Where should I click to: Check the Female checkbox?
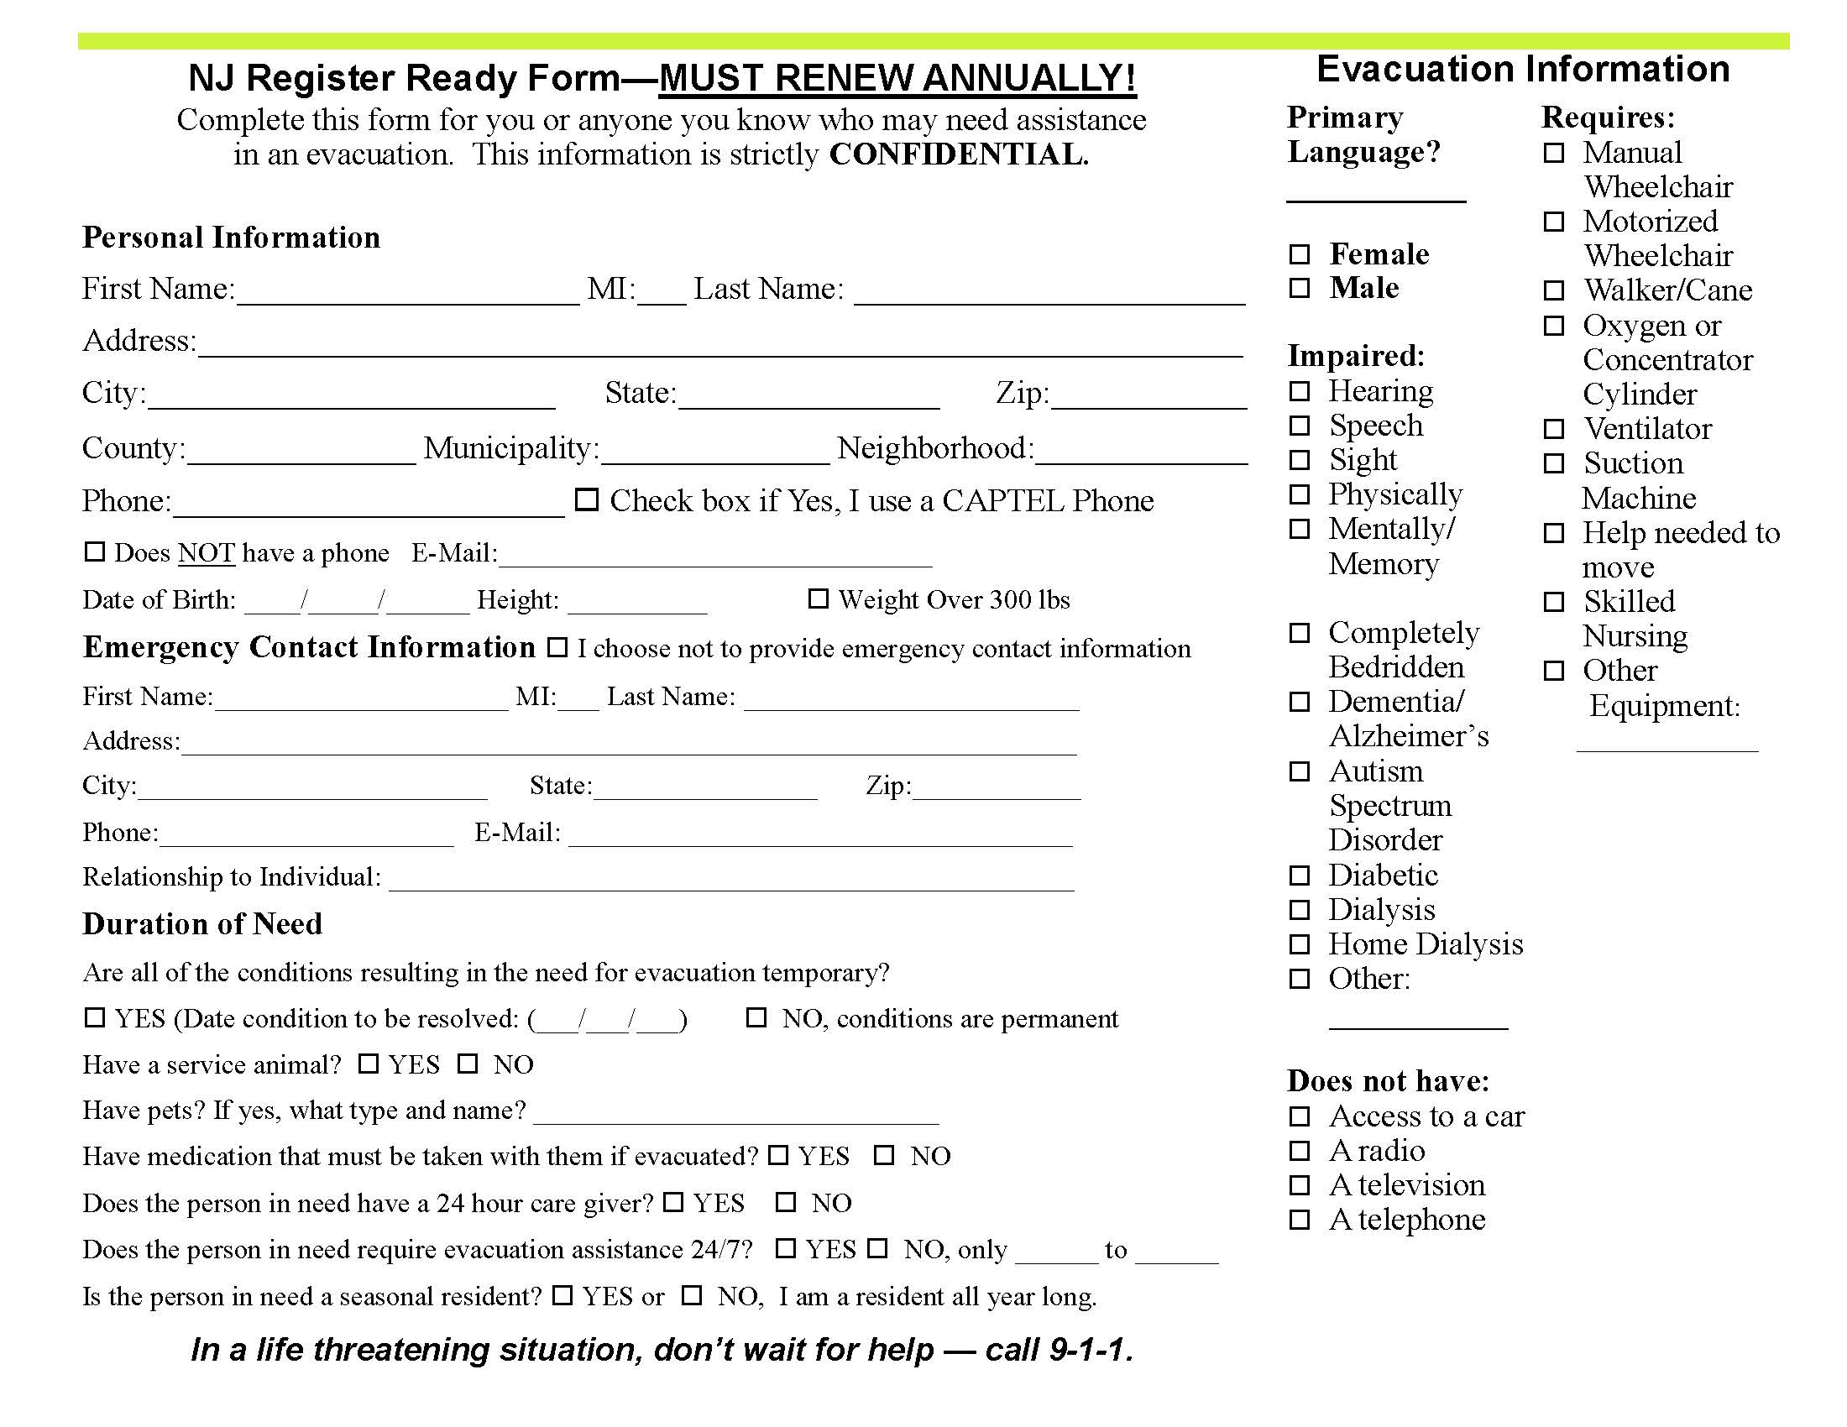(x=1299, y=254)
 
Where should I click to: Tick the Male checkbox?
(x=1299, y=288)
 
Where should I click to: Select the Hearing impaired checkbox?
(x=1299, y=391)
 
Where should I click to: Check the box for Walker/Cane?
(x=1553, y=290)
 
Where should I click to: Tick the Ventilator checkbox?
(x=1553, y=430)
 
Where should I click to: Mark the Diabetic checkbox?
(x=1299, y=875)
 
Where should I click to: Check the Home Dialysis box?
(x=1299, y=944)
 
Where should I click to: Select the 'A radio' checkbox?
(x=1299, y=1152)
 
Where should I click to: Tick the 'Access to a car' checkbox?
(x=1299, y=1116)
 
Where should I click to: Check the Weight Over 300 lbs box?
(x=818, y=599)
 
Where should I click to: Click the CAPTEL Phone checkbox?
(x=587, y=500)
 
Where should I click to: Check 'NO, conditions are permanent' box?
(x=756, y=1018)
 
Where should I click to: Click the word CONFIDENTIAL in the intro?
(x=958, y=154)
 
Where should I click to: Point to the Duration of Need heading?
(x=202, y=924)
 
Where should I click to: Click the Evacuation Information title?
(x=1522, y=70)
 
